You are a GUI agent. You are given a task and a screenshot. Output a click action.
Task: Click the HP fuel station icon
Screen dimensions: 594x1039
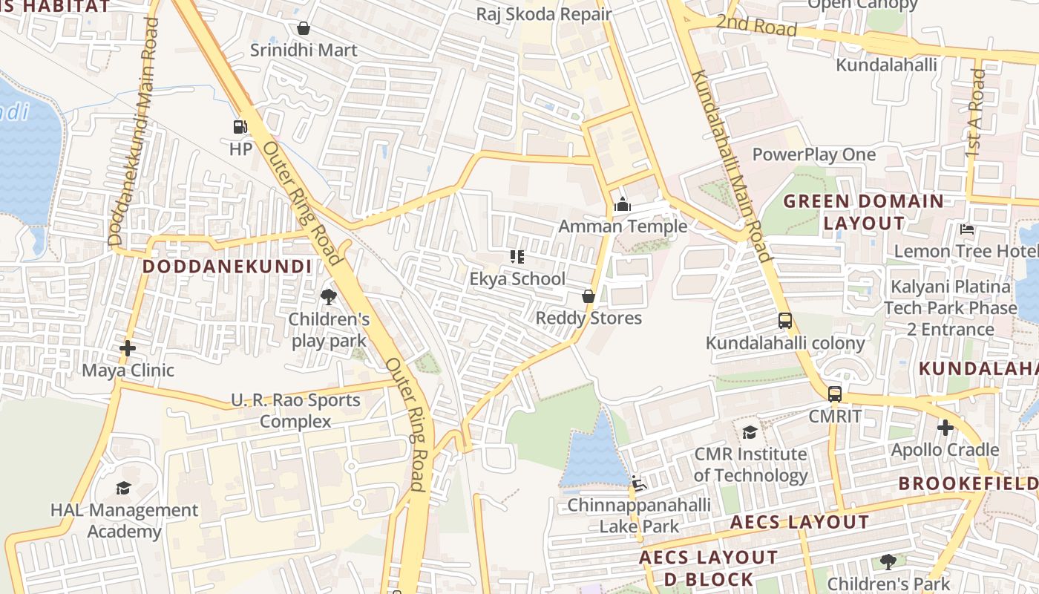point(240,127)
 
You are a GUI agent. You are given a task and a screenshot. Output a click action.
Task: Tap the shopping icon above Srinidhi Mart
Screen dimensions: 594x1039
point(303,29)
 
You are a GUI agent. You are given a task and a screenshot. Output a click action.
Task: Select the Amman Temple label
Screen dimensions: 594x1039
point(623,226)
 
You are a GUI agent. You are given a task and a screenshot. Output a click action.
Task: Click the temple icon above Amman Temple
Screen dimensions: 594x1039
point(623,204)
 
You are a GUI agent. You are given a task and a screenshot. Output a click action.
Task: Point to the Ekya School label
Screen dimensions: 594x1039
point(517,279)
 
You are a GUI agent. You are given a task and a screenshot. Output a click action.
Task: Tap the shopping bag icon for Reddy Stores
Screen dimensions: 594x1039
point(589,296)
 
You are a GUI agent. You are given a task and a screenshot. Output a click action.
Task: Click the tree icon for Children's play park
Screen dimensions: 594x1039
point(328,298)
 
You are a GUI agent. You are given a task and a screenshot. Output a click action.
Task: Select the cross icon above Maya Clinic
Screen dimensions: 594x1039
point(128,347)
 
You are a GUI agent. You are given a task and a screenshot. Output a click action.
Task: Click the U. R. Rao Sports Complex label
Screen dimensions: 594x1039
point(295,411)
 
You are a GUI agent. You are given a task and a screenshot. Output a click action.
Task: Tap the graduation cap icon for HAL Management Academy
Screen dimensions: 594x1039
point(123,488)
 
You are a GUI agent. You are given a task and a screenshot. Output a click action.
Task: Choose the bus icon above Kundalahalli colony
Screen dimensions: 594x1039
point(785,321)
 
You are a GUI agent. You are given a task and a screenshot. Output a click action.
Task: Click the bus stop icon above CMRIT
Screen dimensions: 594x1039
point(835,394)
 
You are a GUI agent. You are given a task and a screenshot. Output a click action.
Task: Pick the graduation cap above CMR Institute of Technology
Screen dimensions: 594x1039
point(750,432)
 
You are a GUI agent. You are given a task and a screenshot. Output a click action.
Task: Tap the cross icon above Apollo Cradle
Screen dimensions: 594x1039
point(945,428)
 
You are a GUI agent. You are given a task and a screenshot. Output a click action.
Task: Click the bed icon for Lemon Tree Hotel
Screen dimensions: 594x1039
point(966,229)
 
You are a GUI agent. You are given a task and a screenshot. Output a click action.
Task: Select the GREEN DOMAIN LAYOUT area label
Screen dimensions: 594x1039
point(864,212)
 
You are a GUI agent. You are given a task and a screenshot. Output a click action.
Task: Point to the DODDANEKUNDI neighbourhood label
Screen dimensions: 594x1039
point(227,267)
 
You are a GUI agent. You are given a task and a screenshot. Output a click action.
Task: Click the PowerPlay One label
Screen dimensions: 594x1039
point(814,154)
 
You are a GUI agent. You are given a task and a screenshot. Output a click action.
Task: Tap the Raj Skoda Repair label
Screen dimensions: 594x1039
point(543,14)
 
